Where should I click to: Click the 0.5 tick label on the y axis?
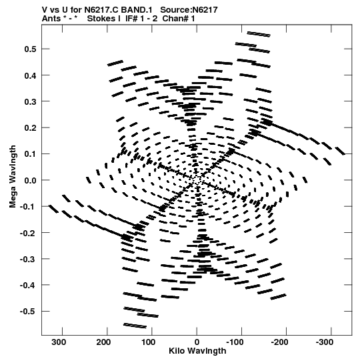tap(30, 49)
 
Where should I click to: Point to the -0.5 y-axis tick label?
tap(28, 312)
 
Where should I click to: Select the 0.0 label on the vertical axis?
tap(30, 180)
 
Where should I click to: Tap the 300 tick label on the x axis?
tap(59, 342)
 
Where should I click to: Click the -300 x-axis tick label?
tap(325, 342)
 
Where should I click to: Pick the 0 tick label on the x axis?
tap(197, 342)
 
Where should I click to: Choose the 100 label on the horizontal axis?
tap(149, 342)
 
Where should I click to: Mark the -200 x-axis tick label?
tap(279, 342)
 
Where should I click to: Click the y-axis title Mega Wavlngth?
tap(13, 177)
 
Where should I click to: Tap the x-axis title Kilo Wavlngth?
tap(197, 351)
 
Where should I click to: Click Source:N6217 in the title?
tap(189, 9)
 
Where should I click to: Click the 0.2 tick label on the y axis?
tap(30, 127)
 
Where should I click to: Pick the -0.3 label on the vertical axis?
tap(28, 259)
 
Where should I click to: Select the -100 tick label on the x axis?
tap(235, 342)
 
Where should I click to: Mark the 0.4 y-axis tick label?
tap(30, 75)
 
